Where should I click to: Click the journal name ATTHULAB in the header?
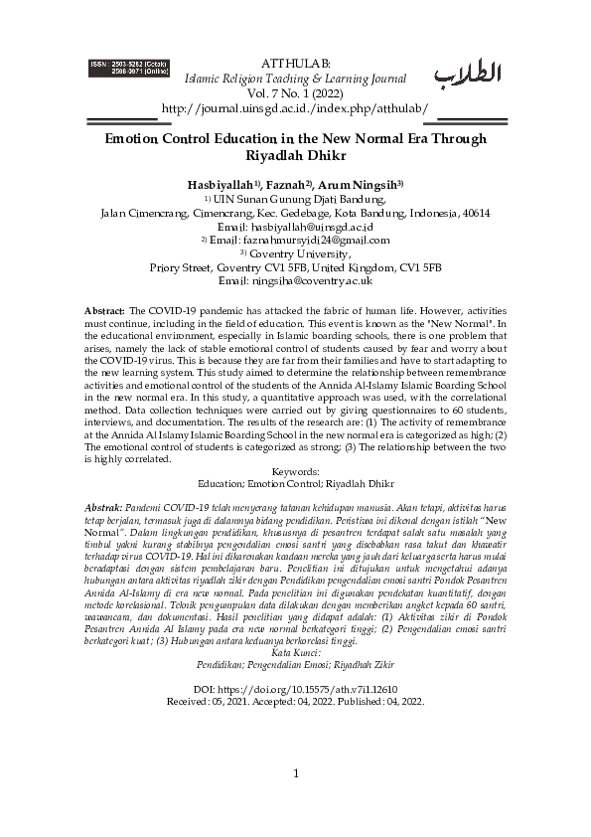coord(295,64)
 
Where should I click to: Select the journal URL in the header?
coord(295,107)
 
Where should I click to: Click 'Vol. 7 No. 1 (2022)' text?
coord(295,92)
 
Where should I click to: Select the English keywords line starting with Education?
coord(295,484)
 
